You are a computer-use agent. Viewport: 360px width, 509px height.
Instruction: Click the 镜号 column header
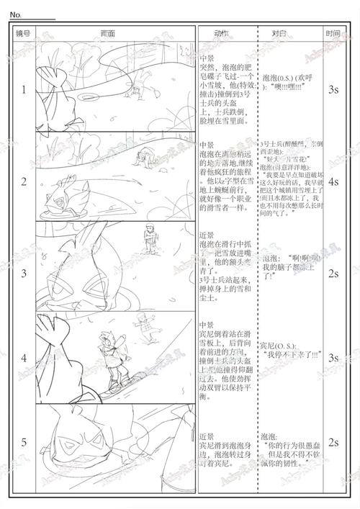(23, 33)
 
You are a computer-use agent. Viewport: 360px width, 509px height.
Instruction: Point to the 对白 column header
(279, 33)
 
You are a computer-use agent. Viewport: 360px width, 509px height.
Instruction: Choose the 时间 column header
(333, 33)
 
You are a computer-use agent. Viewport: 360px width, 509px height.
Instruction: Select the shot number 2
(23, 181)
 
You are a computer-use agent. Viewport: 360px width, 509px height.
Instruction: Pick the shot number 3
(23, 273)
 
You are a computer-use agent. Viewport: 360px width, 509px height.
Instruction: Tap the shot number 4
(23, 358)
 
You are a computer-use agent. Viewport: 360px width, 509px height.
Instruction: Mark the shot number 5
(23, 442)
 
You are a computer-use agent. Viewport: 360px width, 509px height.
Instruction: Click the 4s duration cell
(333, 182)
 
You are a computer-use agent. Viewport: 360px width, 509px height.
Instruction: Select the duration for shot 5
(333, 442)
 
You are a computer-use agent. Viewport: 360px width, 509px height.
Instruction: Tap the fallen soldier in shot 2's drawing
(148, 155)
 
